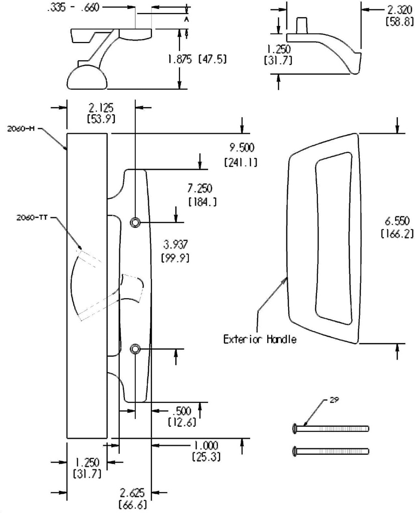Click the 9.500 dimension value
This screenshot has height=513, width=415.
(x=242, y=147)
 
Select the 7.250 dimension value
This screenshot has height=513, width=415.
(x=199, y=188)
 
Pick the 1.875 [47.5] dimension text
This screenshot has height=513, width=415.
(x=196, y=59)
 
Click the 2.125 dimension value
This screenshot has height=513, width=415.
(x=101, y=107)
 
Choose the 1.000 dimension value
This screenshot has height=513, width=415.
(x=205, y=445)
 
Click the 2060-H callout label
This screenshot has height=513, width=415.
(x=21, y=128)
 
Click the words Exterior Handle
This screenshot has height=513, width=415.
(x=260, y=340)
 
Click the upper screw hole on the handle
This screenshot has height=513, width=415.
(x=135, y=222)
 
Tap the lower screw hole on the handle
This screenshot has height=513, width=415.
(x=135, y=349)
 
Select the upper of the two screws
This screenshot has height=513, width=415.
(x=330, y=428)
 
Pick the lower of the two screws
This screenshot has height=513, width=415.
(x=330, y=451)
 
